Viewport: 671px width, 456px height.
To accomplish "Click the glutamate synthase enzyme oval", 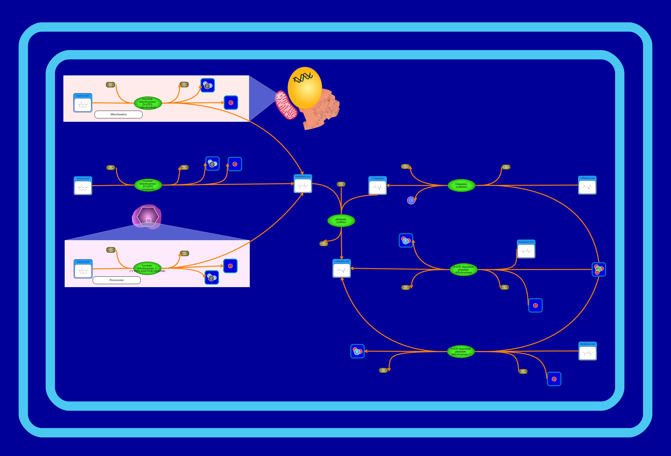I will click(x=341, y=221).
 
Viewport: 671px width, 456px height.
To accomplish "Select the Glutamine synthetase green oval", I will click(x=461, y=185).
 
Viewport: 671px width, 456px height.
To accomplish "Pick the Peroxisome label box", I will click(x=117, y=280).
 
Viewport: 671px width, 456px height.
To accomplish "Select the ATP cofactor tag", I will click(x=506, y=167).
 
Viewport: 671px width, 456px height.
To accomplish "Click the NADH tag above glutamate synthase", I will click(x=341, y=184).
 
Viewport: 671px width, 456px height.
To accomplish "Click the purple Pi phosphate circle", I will click(x=411, y=200).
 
